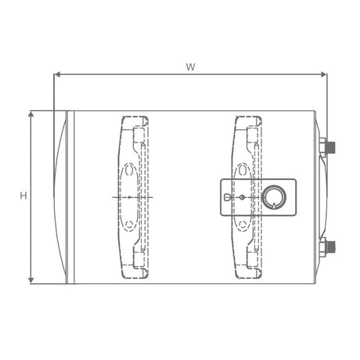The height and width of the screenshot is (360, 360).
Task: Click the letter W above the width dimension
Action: (190, 67)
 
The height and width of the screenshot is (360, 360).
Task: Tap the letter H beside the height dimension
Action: (23, 196)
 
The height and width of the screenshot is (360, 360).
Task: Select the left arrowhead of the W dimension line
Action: (57, 74)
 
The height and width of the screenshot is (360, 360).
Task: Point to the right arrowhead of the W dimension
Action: (324, 74)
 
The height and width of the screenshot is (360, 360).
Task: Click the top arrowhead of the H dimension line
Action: (31, 113)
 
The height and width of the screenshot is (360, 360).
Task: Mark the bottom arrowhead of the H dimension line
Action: (31, 281)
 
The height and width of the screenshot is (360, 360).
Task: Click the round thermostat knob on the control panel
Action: (274, 197)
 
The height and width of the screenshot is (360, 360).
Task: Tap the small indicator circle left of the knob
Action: (242, 197)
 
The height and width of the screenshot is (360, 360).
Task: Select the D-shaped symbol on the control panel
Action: (227, 197)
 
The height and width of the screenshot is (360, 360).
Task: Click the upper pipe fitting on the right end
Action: (327, 148)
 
